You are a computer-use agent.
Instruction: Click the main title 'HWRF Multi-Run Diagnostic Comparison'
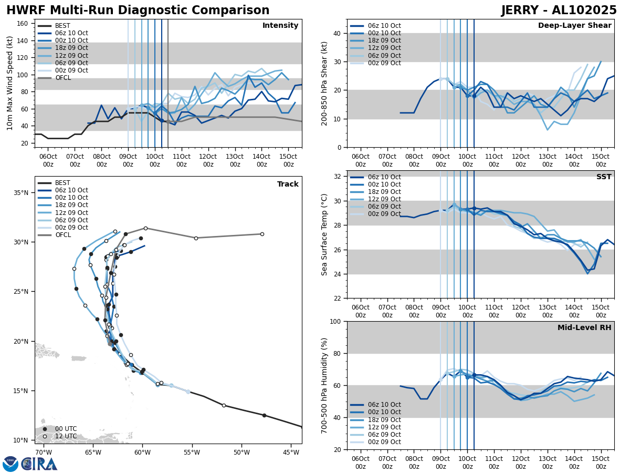pyautogui.click(x=138, y=11)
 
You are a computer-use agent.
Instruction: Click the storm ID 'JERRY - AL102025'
pyautogui.click(x=559, y=11)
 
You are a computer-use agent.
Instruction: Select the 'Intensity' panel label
pyautogui.click(x=280, y=26)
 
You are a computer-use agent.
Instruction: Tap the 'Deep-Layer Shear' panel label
pyautogui.click(x=574, y=26)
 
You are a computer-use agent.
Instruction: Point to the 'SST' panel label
pyautogui.click(x=604, y=177)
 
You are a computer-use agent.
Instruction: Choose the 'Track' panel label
pyautogui.click(x=288, y=184)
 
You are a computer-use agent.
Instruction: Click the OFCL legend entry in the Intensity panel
pyautogui.click(x=63, y=78)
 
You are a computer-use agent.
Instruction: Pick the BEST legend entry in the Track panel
pyautogui.click(x=62, y=183)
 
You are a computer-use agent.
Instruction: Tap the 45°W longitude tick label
pyautogui.click(x=291, y=453)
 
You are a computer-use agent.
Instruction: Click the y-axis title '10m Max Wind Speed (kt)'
pyautogui.click(x=10, y=83)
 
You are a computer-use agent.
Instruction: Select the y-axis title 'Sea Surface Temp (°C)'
pyautogui.click(x=325, y=234)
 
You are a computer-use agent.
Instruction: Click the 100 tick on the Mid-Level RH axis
pyautogui.click(x=335, y=321)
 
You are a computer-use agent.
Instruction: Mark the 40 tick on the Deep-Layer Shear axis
pyautogui.click(x=337, y=33)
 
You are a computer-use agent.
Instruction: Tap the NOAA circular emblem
pyautogui.click(x=10, y=464)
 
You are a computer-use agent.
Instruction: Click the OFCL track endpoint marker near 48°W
pyautogui.click(x=262, y=234)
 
